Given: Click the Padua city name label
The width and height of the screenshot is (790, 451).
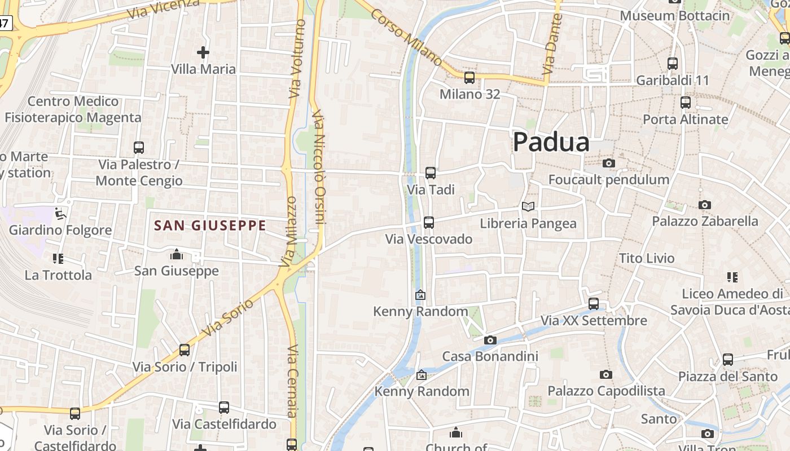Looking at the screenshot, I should pyautogui.click(x=551, y=142).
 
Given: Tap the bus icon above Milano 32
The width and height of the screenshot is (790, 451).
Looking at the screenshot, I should pyautogui.click(x=469, y=78).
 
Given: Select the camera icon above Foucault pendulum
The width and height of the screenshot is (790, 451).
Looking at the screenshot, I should pyautogui.click(x=608, y=163).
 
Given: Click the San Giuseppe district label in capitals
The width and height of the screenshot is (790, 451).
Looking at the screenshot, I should pyautogui.click(x=210, y=226).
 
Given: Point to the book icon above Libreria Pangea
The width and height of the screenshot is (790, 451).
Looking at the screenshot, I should pyautogui.click(x=528, y=207).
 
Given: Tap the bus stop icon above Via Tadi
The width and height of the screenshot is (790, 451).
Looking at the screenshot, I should pyautogui.click(x=431, y=173).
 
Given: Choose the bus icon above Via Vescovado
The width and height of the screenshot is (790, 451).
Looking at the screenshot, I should pyautogui.click(x=429, y=223).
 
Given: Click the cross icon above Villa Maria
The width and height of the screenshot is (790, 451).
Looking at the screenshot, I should pyautogui.click(x=203, y=53).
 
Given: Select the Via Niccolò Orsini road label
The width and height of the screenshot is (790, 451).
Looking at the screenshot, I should pyautogui.click(x=319, y=167).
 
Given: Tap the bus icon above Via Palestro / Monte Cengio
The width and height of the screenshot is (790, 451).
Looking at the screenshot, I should pyautogui.click(x=139, y=148).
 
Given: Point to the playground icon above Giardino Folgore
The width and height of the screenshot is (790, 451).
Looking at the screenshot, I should pyautogui.click(x=60, y=214).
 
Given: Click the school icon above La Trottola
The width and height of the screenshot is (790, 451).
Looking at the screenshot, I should pyautogui.click(x=58, y=259).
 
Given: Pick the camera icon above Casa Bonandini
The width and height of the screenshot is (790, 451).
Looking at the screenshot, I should pyautogui.click(x=490, y=340).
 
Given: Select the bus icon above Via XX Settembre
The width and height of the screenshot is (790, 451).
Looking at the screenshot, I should pyautogui.click(x=594, y=304).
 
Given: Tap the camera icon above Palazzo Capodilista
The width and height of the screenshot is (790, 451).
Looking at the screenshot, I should pyautogui.click(x=605, y=375).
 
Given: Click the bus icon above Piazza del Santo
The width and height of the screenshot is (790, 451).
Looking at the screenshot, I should pyautogui.click(x=728, y=360).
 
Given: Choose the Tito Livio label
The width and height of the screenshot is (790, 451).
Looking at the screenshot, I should pyautogui.click(x=647, y=258).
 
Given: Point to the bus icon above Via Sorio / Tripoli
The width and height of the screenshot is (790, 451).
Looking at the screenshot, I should pyautogui.click(x=185, y=350).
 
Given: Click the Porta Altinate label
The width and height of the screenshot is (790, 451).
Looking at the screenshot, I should pyautogui.click(x=686, y=120).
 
